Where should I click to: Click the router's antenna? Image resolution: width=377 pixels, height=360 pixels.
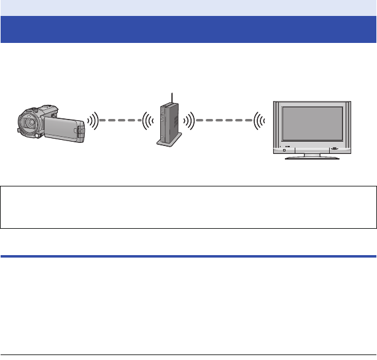[173, 98]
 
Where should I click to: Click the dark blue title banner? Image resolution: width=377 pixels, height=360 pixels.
[189, 29]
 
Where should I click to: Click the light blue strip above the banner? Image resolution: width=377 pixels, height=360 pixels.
[189, 7]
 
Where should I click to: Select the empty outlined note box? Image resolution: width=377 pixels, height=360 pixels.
[189, 207]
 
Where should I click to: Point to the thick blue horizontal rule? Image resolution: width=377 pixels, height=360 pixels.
[189, 256]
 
